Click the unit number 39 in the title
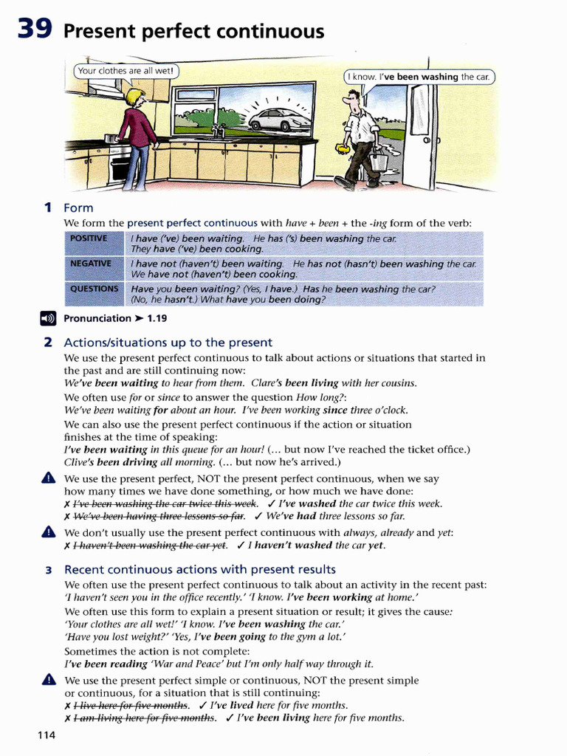(34, 30)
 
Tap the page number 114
(46, 736)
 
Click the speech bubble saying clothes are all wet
(126, 72)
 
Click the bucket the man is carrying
(379, 159)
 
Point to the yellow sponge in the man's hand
(342, 148)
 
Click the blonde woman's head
(134, 97)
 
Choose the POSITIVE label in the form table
(89, 238)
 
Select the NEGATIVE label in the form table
(90, 264)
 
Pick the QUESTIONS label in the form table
(93, 289)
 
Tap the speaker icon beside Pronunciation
(47, 319)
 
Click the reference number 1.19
(157, 319)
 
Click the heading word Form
(78, 208)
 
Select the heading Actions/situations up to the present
(168, 343)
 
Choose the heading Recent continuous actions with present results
(200, 569)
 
